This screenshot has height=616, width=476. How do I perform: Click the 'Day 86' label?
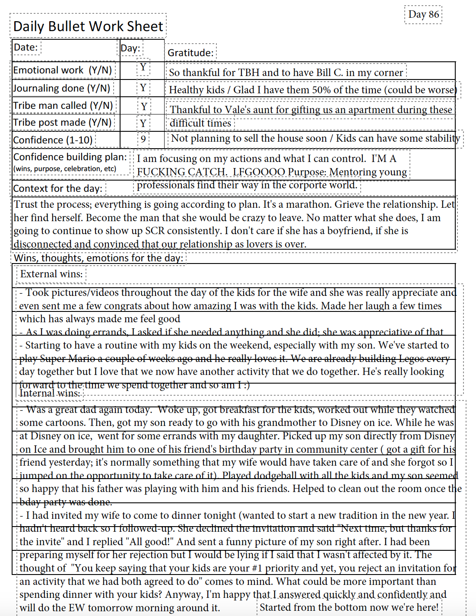pos(423,15)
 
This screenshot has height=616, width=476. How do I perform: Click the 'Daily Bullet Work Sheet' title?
pos(88,26)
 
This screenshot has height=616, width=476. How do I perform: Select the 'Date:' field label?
pos(26,47)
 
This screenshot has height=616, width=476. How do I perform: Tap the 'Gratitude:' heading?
pos(190,53)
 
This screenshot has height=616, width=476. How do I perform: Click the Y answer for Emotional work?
pos(143,67)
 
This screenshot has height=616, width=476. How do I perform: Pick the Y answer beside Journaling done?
pos(143,88)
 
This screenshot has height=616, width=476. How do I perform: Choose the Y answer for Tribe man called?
pos(144,107)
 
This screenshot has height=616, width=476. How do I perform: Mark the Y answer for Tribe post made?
pos(143,124)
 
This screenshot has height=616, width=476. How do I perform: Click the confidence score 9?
pos(143,140)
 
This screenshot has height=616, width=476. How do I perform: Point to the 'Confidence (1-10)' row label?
pos(53,140)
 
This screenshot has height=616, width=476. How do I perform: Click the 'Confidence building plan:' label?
pos(70,157)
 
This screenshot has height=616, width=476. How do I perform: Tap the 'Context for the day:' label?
pos(58,188)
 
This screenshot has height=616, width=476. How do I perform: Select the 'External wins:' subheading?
pos(51,274)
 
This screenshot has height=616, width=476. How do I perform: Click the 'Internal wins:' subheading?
pos(50,393)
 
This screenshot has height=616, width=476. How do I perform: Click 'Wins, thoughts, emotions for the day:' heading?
pos(98,258)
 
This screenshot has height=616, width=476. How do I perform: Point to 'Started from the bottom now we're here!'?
pos(349,607)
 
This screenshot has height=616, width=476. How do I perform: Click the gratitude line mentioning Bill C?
pos(286,73)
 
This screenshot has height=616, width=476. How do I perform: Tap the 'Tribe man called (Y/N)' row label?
pos(63,105)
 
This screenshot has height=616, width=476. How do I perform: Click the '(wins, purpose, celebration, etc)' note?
pos(65,169)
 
